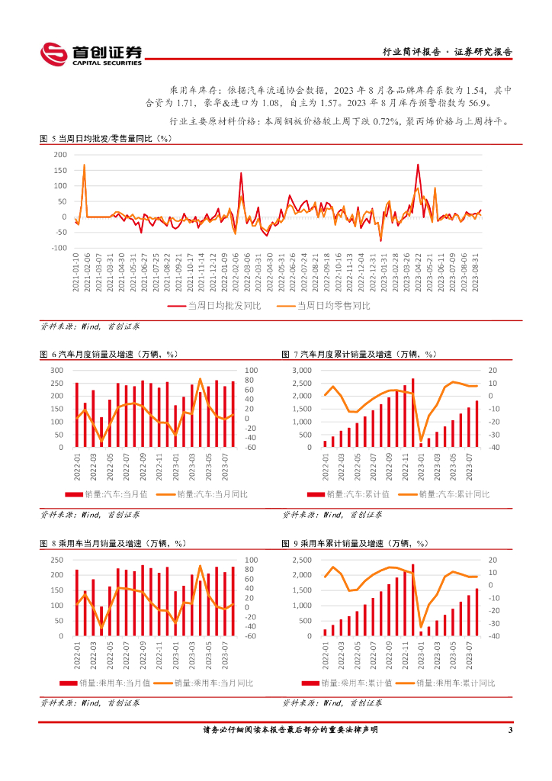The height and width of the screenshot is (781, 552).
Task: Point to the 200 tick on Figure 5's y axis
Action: coord(60,155)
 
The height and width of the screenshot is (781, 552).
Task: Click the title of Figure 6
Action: coord(108,354)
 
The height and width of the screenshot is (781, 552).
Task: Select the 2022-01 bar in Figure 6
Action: coord(77,414)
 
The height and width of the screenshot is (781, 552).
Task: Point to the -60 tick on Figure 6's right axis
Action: coord(252,448)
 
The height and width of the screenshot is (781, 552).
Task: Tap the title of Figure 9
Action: coord(355,543)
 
